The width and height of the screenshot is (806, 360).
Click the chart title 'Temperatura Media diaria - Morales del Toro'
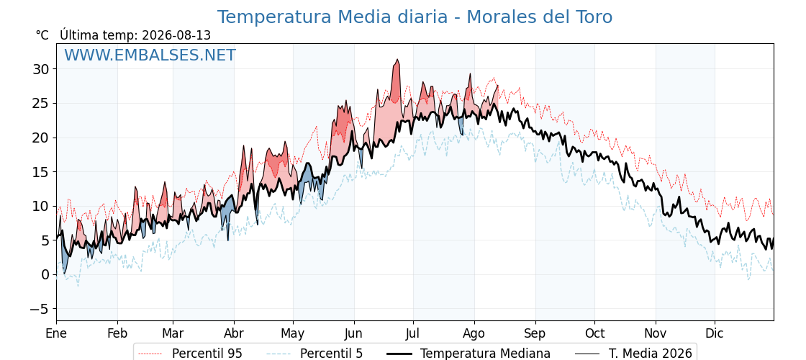click(415, 17)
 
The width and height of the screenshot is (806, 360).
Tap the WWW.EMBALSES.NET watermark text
click(150, 55)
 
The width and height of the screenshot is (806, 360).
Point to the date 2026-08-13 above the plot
click(176, 35)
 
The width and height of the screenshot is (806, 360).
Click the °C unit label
click(42, 35)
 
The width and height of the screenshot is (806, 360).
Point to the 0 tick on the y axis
click(46, 274)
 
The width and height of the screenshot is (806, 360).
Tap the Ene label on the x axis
click(57, 333)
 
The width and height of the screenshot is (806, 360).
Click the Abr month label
click(235, 333)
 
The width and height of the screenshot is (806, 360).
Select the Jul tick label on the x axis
click(413, 333)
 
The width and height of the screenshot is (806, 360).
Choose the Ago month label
click(474, 333)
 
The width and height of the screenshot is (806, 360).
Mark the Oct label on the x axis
click(594, 333)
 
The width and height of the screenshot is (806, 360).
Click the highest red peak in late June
click(397, 60)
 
